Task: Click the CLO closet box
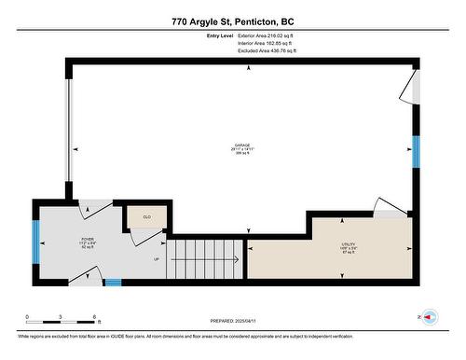(146, 216)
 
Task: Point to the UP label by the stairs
(157, 259)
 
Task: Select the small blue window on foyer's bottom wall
(113, 283)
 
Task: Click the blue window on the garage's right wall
(417, 151)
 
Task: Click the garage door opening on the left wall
(66, 132)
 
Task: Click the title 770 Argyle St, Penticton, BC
(232, 21)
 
